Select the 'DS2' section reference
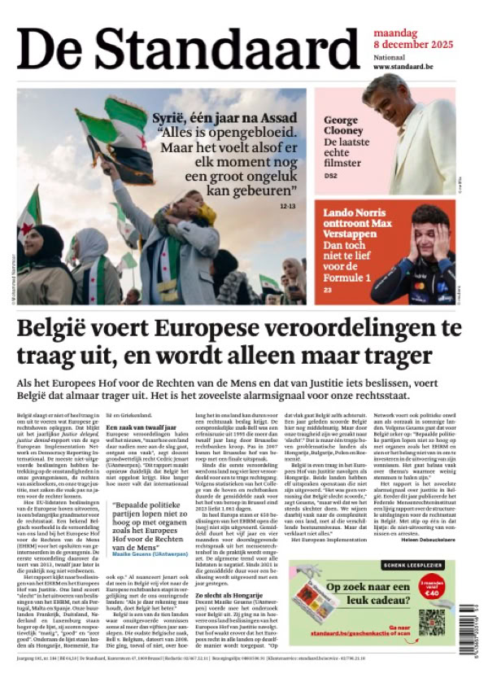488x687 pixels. tap(329, 175)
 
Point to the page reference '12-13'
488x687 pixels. tap(287, 206)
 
